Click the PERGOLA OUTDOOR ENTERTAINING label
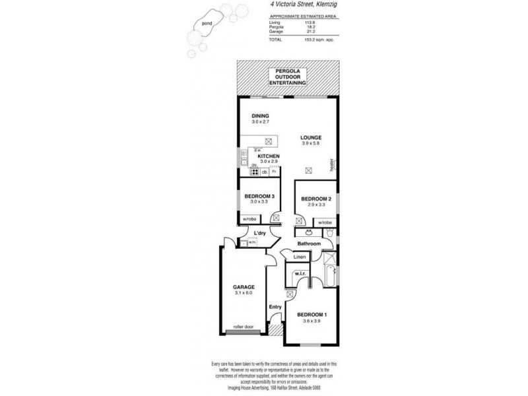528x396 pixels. (x=287, y=78)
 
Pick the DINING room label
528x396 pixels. (x=260, y=116)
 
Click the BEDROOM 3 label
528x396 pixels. (x=259, y=196)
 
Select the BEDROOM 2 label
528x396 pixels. (x=315, y=199)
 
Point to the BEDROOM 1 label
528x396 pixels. (x=311, y=314)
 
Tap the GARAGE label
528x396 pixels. (x=244, y=286)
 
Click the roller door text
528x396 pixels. (x=244, y=327)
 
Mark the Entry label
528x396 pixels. (x=275, y=307)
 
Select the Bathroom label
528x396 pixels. (x=309, y=244)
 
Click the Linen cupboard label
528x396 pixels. (x=300, y=257)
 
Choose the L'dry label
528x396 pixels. (x=261, y=233)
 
